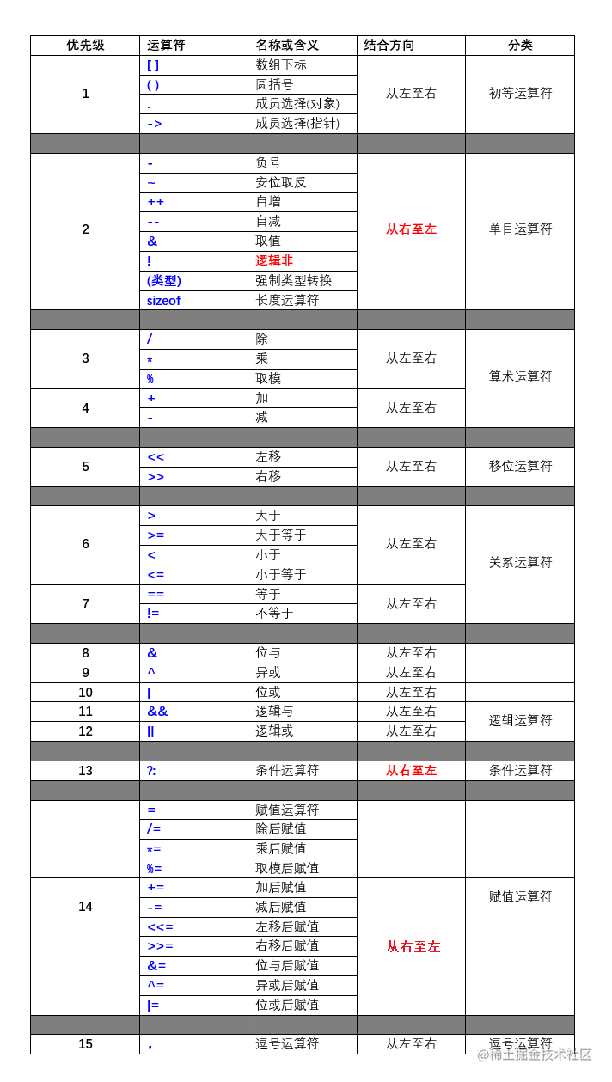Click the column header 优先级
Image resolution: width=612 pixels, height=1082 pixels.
[85, 46]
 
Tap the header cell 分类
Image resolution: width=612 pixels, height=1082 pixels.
[520, 46]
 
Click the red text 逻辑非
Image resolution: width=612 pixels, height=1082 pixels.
[274, 260]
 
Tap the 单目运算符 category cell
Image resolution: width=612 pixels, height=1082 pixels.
[520, 229]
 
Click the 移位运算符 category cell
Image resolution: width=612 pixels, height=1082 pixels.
[520, 466]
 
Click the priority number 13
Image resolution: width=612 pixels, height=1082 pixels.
[85, 771]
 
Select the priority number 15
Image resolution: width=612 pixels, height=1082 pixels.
[85, 1044]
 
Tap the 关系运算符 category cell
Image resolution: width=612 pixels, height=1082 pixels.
[520, 563]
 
